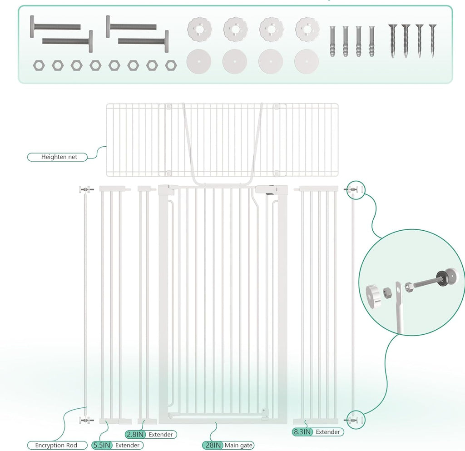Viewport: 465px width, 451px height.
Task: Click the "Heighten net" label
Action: tap(59, 157)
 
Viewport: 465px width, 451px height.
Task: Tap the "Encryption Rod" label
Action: tap(56, 446)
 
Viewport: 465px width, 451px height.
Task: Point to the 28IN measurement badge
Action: tap(213, 446)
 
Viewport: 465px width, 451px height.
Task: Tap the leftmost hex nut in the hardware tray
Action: tap(39, 65)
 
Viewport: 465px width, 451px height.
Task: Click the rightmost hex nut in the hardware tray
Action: tap(170, 65)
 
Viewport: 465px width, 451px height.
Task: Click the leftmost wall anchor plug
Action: tap(333, 41)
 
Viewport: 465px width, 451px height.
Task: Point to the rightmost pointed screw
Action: tap(432, 40)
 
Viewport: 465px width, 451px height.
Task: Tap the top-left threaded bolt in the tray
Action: tap(55, 26)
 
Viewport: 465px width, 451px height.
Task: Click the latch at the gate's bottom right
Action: tap(265, 412)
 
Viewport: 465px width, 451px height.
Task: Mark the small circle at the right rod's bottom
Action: tap(356, 417)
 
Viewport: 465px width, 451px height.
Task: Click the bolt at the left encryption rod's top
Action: tap(85, 189)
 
